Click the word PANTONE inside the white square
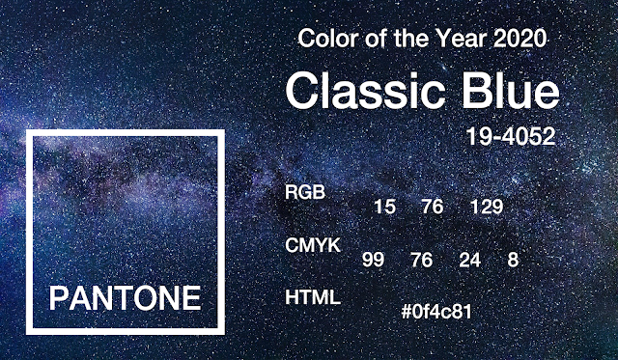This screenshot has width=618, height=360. [x=125, y=298]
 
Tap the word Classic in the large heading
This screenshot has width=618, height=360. [x=365, y=91]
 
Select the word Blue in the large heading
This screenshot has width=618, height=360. [x=511, y=91]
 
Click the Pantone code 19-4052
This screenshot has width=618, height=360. [x=511, y=136]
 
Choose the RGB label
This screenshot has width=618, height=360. [x=305, y=192]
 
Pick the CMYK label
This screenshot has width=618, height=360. [x=313, y=245]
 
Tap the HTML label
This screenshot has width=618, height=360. [x=313, y=297]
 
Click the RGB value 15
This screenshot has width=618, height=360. [x=384, y=207]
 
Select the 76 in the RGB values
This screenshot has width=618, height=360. [x=433, y=207]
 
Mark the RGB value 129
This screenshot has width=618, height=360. [x=487, y=207]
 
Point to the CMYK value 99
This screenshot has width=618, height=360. [x=373, y=260]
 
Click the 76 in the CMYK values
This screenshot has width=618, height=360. [x=421, y=260]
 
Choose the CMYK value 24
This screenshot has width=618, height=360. [x=470, y=260]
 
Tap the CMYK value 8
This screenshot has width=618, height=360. [x=513, y=260]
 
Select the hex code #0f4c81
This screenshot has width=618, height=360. [x=436, y=312]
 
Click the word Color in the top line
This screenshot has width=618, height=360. [x=325, y=39]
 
